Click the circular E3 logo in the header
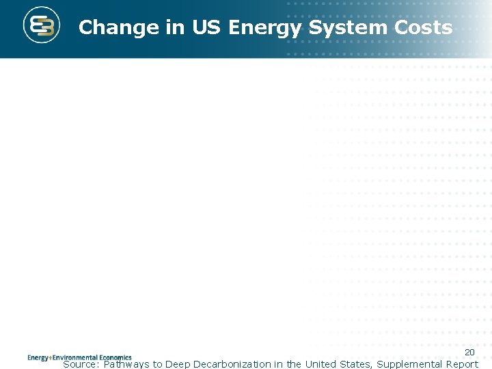coord(42,27)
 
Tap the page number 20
coord(469,352)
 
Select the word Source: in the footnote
coord(81,364)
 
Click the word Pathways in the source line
coord(126,364)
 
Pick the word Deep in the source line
coord(178,364)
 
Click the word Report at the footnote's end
coord(462,364)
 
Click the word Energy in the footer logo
coord(38,357)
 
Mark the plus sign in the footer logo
coord(51,357)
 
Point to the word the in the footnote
coord(294,364)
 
